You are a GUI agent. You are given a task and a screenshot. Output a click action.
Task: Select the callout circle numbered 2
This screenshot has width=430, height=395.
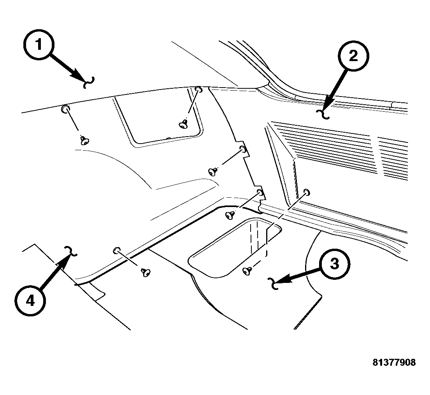(353, 56)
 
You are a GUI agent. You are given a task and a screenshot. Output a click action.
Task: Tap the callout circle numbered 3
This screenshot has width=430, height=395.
(335, 264)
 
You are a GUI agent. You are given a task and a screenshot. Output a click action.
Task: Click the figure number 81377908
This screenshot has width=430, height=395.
(394, 362)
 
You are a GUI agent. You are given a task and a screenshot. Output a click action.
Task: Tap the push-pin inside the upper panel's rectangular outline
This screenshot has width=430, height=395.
(183, 124)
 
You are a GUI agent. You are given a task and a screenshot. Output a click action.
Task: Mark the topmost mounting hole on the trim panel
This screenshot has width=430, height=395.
(198, 90)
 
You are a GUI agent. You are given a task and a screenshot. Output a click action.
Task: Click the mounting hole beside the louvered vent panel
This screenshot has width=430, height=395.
(306, 192)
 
